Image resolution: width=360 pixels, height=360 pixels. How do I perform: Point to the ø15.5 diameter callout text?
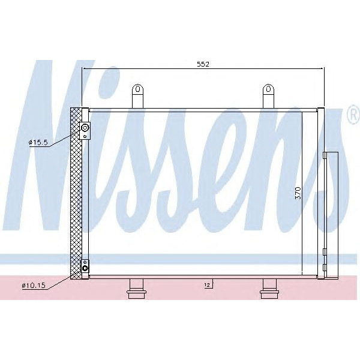point(38,142)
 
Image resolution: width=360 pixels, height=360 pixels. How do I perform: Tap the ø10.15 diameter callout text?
point(33,285)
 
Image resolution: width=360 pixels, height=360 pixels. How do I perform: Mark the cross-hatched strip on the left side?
point(76,192)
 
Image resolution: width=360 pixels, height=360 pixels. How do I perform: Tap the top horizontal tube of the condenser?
point(203,109)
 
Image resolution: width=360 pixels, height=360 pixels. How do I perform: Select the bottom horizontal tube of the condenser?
point(203,277)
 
